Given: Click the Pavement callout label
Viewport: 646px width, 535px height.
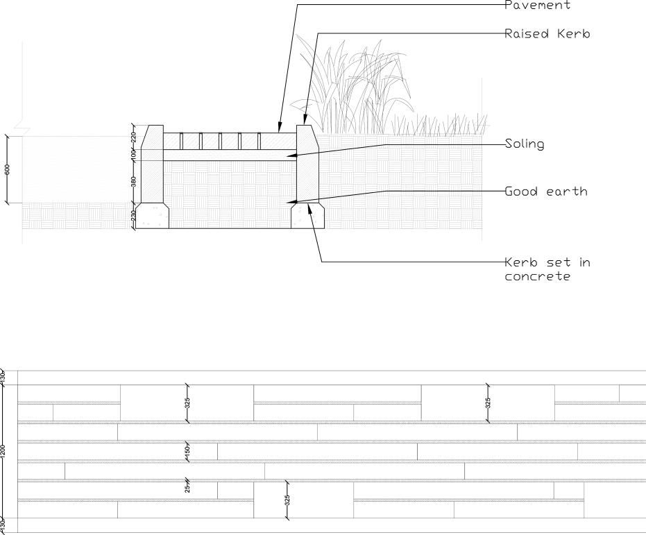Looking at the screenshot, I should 538,6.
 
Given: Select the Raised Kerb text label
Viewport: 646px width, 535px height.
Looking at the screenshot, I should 547,33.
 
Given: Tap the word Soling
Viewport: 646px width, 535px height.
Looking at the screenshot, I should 525,144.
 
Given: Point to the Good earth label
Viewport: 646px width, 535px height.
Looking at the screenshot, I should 545,192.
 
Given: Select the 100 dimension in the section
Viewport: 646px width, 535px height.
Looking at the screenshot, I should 134,155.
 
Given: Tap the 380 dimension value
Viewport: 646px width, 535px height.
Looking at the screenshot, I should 134,182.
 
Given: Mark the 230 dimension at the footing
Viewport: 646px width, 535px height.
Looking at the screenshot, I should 134,216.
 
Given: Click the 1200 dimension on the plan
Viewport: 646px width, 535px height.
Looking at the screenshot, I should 3,451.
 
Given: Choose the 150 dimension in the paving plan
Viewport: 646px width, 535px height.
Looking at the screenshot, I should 187,451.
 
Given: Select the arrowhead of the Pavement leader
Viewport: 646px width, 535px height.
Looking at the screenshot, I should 279,129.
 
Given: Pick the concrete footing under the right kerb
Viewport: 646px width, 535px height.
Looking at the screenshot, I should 308,216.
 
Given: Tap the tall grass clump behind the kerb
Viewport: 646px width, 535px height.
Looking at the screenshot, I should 354,83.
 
